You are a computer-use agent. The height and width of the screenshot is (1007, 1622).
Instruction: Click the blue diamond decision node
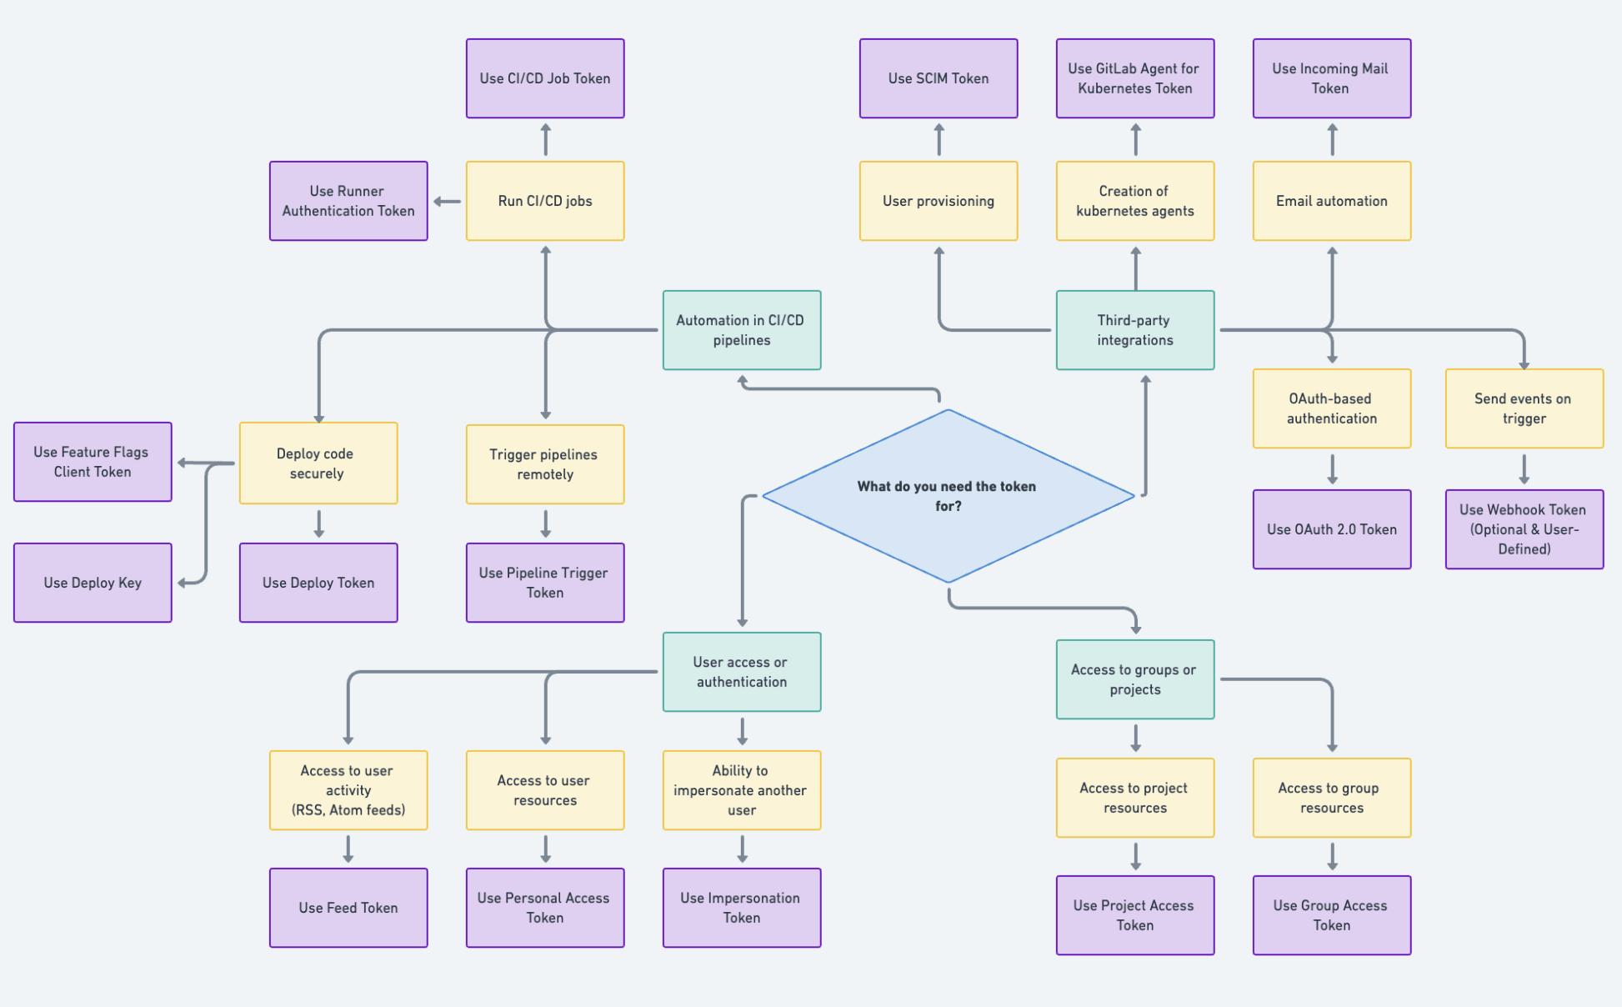(948, 496)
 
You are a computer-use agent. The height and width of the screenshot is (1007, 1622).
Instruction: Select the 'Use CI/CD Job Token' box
(545, 78)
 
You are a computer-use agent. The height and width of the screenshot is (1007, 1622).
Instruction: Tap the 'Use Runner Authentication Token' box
(348, 201)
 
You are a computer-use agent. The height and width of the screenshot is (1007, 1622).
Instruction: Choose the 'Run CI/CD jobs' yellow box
(545, 201)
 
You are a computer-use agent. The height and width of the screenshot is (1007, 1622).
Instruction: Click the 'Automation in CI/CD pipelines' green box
(741, 330)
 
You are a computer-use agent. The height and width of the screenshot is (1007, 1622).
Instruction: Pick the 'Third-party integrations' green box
(1134, 330)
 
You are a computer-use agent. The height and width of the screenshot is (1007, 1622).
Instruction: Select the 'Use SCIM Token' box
(939, 78)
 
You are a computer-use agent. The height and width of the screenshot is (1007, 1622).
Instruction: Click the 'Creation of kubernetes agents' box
(1134, 201)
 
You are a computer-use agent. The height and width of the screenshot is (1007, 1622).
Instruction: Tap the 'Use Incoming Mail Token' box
(1331, 78)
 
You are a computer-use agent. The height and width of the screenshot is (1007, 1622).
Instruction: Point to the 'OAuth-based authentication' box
(1331, 408)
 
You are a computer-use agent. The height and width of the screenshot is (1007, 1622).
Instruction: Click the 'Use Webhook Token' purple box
(1524, 529)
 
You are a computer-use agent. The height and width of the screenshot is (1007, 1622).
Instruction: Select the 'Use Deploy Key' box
(93, 583)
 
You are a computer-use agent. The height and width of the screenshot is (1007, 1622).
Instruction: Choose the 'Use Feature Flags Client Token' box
(93, 462)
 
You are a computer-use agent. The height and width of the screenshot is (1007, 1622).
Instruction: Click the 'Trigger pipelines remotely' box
(545, 464)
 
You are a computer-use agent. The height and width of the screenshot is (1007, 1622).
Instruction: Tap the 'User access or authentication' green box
(741, 672)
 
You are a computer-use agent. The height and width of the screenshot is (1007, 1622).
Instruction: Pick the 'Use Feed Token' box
(348, 908)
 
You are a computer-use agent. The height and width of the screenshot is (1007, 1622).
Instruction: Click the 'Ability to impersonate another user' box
(741, 790)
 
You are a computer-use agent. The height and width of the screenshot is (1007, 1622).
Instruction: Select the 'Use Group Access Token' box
(1331, 915)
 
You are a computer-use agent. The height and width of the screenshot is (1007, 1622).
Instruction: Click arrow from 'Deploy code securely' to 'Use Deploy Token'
(318, 524)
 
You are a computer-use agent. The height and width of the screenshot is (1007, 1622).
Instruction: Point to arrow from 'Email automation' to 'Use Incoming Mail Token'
(1332, 139)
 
